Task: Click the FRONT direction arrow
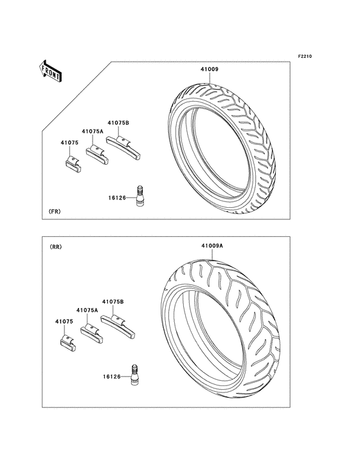(50, 71)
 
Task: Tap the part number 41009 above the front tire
(210, 69)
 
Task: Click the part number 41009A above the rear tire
(212, 246)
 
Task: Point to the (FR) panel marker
(55, 212)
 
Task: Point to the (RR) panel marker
(55, 247)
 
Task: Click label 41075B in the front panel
(118, 123)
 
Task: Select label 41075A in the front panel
(93, 131)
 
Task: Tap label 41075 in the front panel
(69, 143)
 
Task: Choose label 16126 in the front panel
(117, 198)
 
